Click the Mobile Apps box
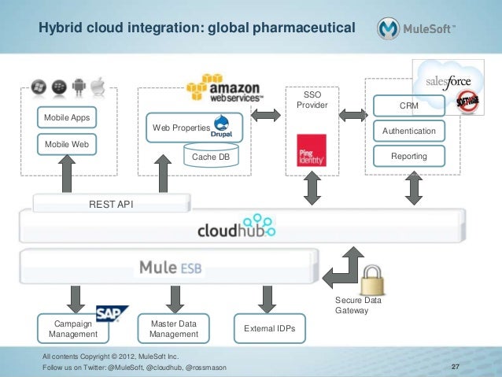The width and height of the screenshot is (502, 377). pos(67,118)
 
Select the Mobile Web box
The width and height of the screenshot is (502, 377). pos(67,145)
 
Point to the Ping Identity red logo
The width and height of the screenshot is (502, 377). pos(307,150)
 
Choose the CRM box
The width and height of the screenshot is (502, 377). pos(409,105)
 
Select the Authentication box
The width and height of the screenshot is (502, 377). pos(409,131)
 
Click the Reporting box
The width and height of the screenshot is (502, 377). pos(409,157)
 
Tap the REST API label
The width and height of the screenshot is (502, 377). pos(110,204)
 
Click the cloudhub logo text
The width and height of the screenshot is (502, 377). pos(235,229)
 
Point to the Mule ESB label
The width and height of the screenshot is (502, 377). pos(170,268)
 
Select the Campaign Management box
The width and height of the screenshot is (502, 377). pos(72,328)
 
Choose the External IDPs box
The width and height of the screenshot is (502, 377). pos(270,328)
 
